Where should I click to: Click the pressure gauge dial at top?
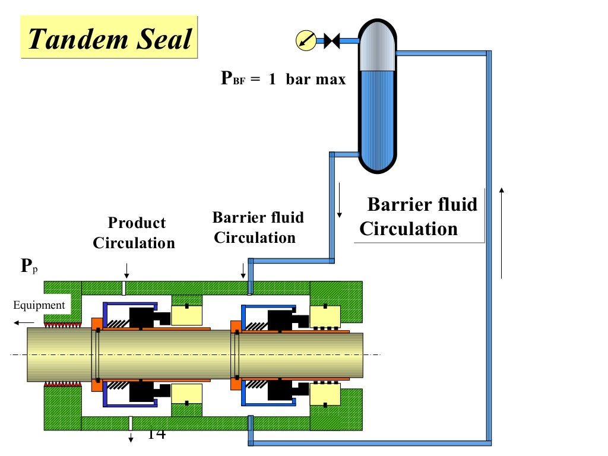[x=305, y=40]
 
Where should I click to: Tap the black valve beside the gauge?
[x=331, y=41]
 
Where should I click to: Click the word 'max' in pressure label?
[x=330, y=79]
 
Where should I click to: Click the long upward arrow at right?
[x=502, y=232]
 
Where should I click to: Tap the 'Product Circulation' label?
[x=135, y=233]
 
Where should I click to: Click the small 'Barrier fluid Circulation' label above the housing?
[x=256, y=227]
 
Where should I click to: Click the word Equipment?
[x=39, y=305]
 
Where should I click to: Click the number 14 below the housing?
[x=156, y=434]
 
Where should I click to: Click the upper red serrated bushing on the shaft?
[x=63, y=325]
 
